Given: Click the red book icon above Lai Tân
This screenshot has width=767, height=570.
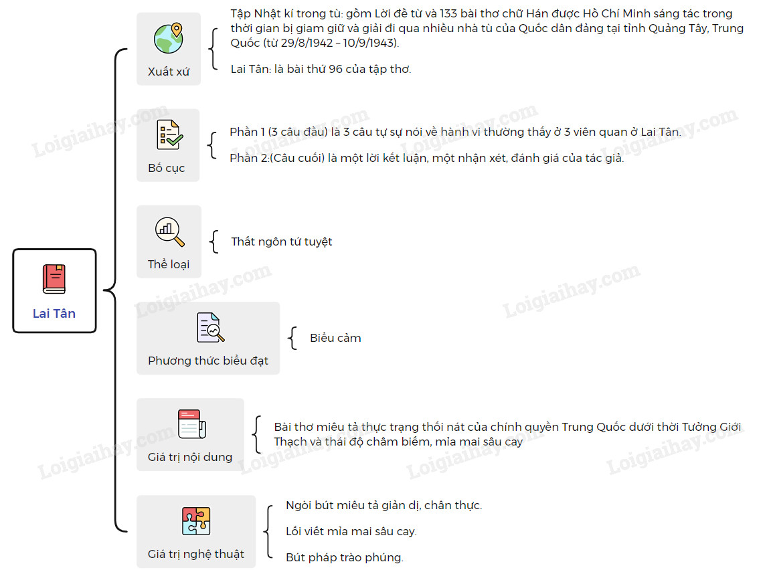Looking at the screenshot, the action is click(x=54, y=279).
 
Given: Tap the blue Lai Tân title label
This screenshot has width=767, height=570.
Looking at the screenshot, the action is click(x=54, y=313).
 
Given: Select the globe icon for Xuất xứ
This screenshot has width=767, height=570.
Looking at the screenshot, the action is click(x=169, y=38).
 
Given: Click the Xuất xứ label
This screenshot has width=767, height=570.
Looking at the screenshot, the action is click(x=168, y=72).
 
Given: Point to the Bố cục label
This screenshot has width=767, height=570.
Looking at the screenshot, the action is click(x=166, y=168).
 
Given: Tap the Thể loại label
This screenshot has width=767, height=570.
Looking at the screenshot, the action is click(x=168, y=264).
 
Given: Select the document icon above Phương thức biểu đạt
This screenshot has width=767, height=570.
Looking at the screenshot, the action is click(x=210, y=328).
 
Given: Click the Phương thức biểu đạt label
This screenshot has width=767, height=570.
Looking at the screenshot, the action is click(x=208, y=361).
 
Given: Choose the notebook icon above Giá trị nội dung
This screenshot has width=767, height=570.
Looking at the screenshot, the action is click(x=191, y=424).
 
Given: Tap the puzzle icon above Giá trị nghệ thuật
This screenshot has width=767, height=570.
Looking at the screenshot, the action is click(x=196, y=521).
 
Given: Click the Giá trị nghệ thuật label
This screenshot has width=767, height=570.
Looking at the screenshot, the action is click(x=195, y=554).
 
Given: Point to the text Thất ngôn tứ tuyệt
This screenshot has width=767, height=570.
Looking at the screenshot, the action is click(x=281, y=242).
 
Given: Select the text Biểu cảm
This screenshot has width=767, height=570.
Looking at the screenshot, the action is click(x=335, y=338).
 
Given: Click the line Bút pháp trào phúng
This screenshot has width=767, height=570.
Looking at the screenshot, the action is click(x=345, y=557).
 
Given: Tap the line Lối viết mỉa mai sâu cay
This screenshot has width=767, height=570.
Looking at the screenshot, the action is click(x=351, y=531).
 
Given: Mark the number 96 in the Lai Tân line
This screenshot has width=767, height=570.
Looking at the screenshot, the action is click(x=335, y=69).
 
